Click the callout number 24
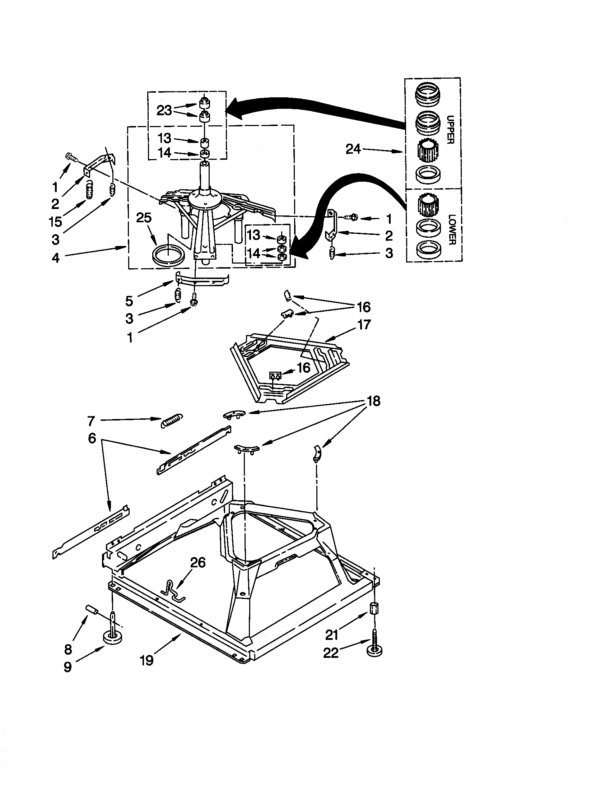coord(353,149)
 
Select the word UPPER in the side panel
coord(450,130)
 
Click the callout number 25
coord(144,218)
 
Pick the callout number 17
coord(363,325)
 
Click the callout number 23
coord(164,110)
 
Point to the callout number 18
coord(373,401)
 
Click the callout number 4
coord(56,258)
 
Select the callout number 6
coord(92,438)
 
